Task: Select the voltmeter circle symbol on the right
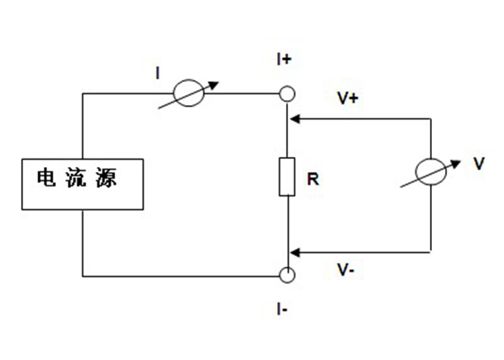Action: pos(431,175)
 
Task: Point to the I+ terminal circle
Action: pos(287,94)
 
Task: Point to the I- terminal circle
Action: pos(287,275)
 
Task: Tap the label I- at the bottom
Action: pos(282,309)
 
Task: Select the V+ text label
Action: pos(348,99)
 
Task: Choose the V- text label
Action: pos(346,270)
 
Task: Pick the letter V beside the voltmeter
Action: pos(479,164)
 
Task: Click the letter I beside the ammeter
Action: pos(158,72)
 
